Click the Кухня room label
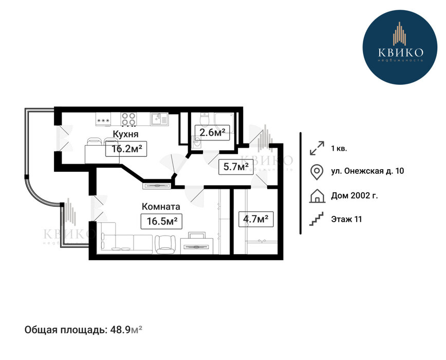click(x=126, y=134)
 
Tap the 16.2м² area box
click(x=126, y=149)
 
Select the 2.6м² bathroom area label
click(x=212, y=132)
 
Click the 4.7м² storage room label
click(x=256, y=219)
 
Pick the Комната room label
click(x=161, y=206)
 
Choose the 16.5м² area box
click(x=161, y=221)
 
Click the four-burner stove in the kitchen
click(x=128, y=119)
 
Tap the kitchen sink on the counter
click(x=159, y=119)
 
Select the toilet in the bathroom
click(x=204, y=120)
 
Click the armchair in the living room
click(x=165, y=244)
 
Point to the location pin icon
click(x=317, y=172)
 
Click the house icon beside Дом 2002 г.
click(x=317, y=196)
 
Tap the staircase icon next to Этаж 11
click(x=317, y=219)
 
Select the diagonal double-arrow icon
click(x=317, y=148)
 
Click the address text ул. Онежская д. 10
click(x=367, y=171)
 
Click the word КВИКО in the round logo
click(x=400, y=52)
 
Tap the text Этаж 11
click(x=346, y=219)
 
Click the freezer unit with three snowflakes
click(x=103, y=119)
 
